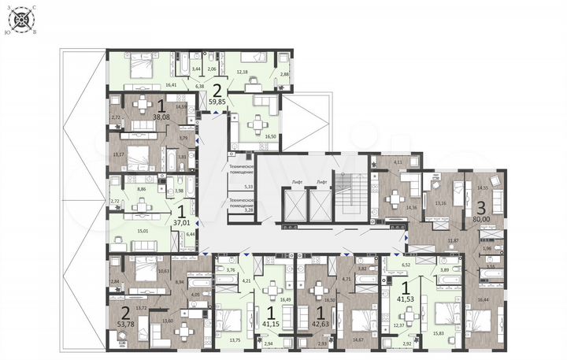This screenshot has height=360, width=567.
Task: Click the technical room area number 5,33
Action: coord(249,187)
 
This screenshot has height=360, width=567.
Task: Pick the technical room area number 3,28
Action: coord(249,210)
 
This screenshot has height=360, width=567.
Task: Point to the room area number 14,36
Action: coord(389,207)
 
